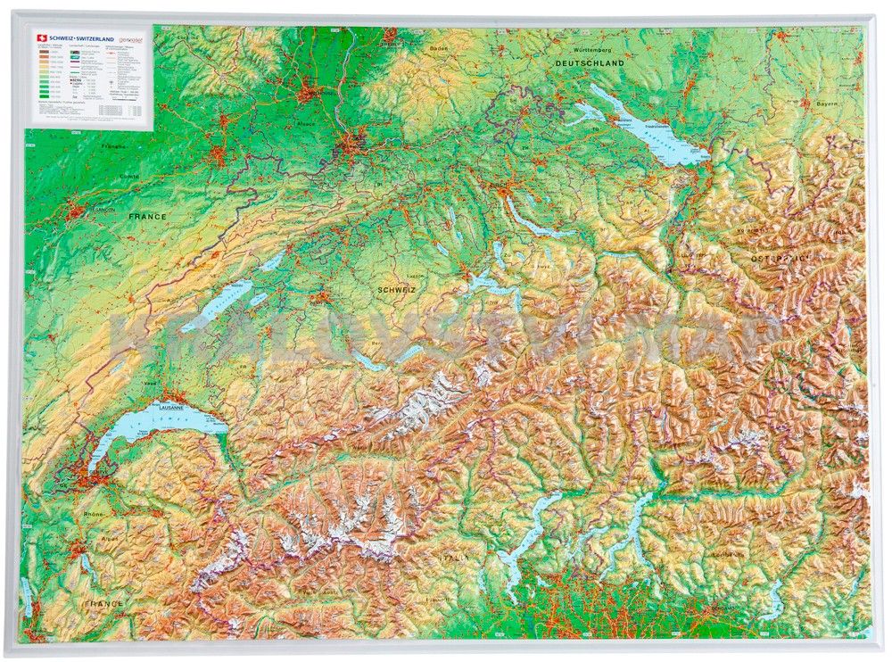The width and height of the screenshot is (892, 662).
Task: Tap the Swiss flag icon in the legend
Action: (x=38, y=37)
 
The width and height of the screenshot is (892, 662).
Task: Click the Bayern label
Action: (x=827, y=103)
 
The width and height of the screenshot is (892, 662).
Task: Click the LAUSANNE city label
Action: (x=169, y=407)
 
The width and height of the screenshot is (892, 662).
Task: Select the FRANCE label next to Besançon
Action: (x=147, y=217)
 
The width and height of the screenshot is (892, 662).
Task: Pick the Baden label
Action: (x=438, y=47)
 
